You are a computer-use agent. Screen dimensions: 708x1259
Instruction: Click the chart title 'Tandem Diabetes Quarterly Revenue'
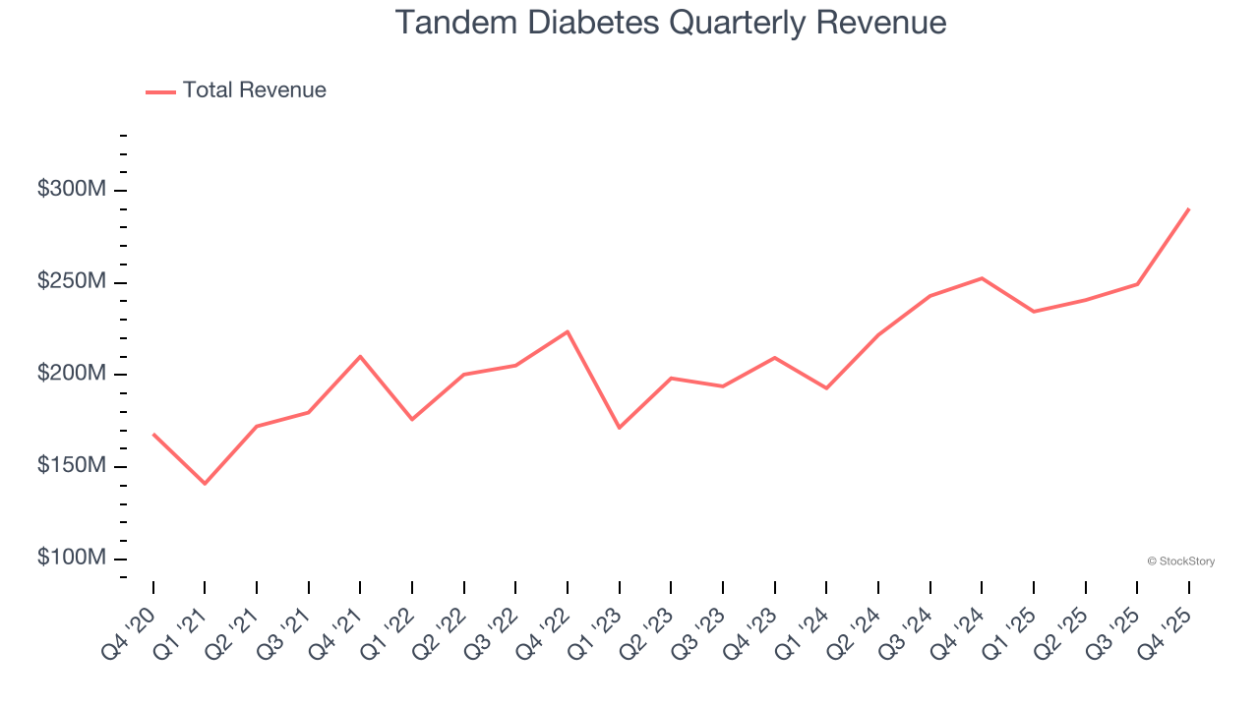[670, 23]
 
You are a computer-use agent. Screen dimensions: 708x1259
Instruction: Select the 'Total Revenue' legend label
[254, 90]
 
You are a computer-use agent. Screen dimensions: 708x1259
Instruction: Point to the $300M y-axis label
[72, 190]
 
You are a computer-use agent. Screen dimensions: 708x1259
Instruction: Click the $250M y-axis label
[72, 282]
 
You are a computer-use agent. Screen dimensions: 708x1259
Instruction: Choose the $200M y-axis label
[72, 375]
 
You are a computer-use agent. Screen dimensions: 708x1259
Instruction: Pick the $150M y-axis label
[72, 466]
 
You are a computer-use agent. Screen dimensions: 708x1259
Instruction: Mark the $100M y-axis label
[72, 559]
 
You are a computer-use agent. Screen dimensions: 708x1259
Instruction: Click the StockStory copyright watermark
[1180, 561]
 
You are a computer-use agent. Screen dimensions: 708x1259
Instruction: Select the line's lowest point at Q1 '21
[205, 484]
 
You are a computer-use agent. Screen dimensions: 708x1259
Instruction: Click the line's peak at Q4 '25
[1189, 208]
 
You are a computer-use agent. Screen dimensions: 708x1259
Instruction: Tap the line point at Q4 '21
[360, 356]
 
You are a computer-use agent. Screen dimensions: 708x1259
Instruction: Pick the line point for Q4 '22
[568, 331]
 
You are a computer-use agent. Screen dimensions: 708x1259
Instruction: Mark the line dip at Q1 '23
[619, 428]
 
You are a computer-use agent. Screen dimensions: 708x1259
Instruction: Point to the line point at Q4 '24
[982, 278]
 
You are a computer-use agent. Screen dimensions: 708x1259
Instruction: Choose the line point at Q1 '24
[826, 388]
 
